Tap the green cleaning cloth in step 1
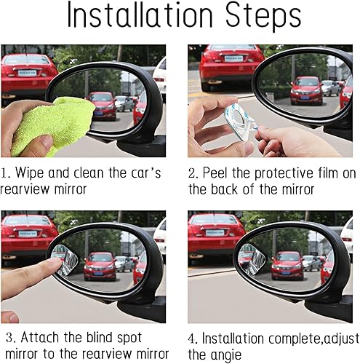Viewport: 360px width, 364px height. [x=54, y=124]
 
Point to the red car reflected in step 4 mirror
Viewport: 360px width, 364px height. [x=287, y=265]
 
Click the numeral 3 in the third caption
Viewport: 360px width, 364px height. [x=6, y=339]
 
